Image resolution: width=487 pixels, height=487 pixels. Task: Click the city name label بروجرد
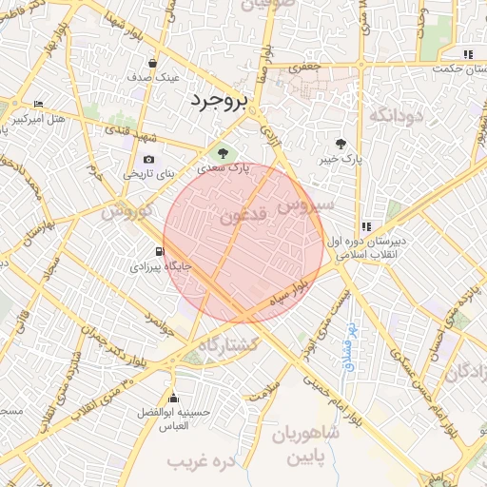point(218,100)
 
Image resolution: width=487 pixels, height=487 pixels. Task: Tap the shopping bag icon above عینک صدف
point(152,63)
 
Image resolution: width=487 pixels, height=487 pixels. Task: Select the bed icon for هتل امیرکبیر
point(38,104)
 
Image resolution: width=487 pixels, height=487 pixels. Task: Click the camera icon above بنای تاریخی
point(147,160)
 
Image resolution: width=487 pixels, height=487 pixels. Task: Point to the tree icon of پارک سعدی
point(224,152)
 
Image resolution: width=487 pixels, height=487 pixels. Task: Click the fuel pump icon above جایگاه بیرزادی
point(159,252)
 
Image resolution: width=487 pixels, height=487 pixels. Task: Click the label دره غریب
point(201,461)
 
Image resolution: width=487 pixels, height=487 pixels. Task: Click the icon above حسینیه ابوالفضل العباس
point(173,398)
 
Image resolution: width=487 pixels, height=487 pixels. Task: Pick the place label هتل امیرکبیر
point(38,119)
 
